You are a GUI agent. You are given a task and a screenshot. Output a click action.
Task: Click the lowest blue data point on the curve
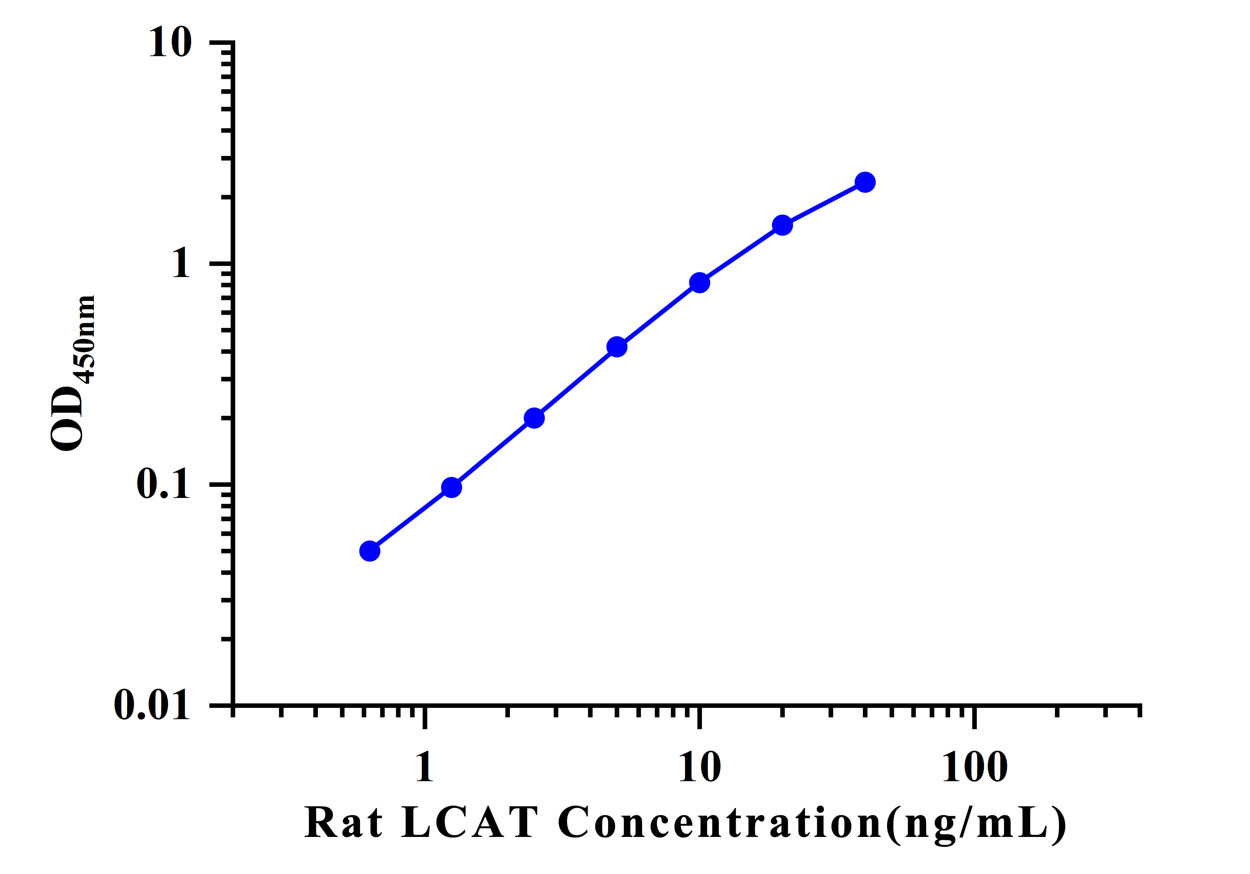(x=370, y=551)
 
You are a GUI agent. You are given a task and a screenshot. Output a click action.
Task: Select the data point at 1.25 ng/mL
(x=451, y=487)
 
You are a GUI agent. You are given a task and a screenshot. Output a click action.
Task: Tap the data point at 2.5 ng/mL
(x=534, y=418)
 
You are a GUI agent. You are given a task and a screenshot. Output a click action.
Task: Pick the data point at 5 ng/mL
(x=617, y=346)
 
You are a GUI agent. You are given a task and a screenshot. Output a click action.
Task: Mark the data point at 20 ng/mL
(x=782, y=225)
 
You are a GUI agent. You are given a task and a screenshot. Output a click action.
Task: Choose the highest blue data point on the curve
(x=865, y=182)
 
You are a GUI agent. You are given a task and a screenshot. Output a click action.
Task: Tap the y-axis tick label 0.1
(x=163, y=484)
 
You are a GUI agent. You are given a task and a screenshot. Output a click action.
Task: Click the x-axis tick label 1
(x=424, y=767)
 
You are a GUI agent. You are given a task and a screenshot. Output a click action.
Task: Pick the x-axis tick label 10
(x=699, y=767)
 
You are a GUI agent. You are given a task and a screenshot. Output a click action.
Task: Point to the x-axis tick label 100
(x=974, y=767)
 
